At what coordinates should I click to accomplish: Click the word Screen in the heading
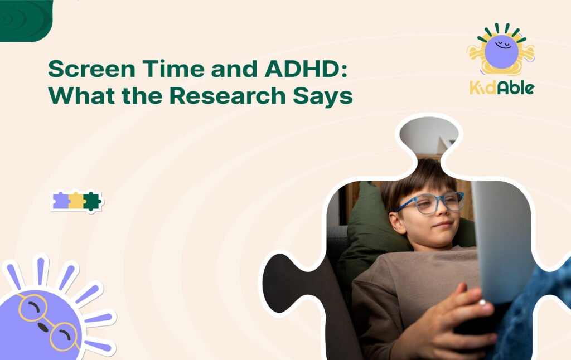91,69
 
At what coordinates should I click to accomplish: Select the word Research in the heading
228,95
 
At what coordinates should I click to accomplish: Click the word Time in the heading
173,69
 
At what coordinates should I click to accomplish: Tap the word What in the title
81,95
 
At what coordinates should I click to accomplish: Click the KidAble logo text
502,87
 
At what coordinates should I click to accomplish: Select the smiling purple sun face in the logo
501,51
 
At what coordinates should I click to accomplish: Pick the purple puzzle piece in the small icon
61,201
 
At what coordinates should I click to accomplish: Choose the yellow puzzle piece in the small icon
76,201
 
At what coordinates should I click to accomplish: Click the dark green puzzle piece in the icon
92,201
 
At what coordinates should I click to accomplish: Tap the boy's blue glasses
430,202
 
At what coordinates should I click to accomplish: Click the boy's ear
396,222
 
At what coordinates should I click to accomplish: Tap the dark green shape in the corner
26,20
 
